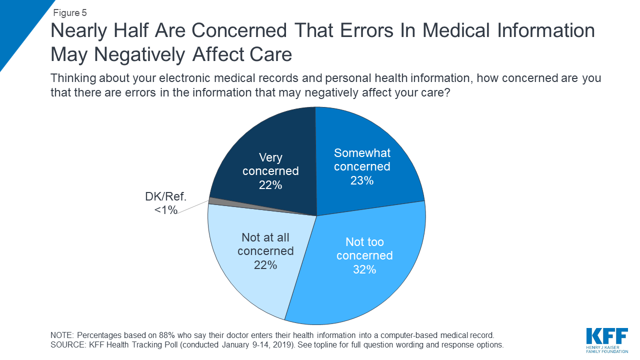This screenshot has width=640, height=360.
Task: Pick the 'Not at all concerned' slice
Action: [250, 270]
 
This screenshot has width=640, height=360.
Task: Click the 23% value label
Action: [361, 180]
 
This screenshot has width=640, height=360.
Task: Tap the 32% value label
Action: [364, 269]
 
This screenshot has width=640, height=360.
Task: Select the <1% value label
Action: [166, 210]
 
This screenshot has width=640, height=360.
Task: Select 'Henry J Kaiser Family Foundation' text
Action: [606, 349]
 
